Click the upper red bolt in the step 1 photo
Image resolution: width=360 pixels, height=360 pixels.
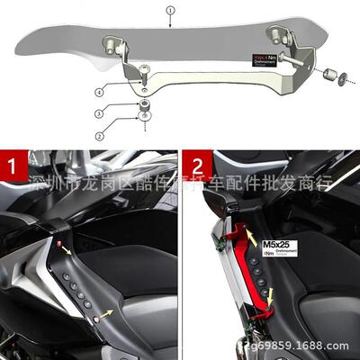61,244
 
